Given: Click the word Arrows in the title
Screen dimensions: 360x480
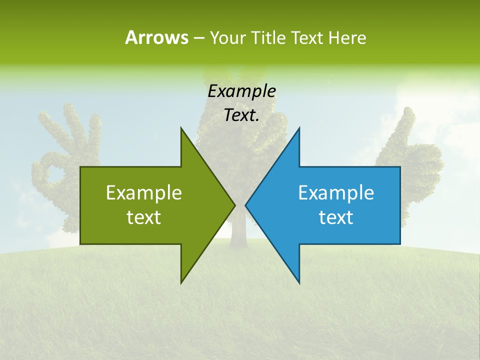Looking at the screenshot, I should pos(156,37).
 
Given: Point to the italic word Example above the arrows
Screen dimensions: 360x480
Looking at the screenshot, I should pos(241,91).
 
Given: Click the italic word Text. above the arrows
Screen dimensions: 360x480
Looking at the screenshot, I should pos(241,115).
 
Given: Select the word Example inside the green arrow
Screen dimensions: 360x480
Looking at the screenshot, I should pos(143,192).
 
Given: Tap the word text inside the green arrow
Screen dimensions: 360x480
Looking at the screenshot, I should pos(143,217).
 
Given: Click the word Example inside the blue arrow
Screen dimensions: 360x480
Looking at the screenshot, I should pos(336,192).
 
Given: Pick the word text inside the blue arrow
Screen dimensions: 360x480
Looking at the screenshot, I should pos(336,217).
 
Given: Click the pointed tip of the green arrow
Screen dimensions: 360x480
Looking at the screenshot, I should pos(234,205).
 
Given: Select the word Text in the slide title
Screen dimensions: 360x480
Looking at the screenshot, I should pos(306,37).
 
